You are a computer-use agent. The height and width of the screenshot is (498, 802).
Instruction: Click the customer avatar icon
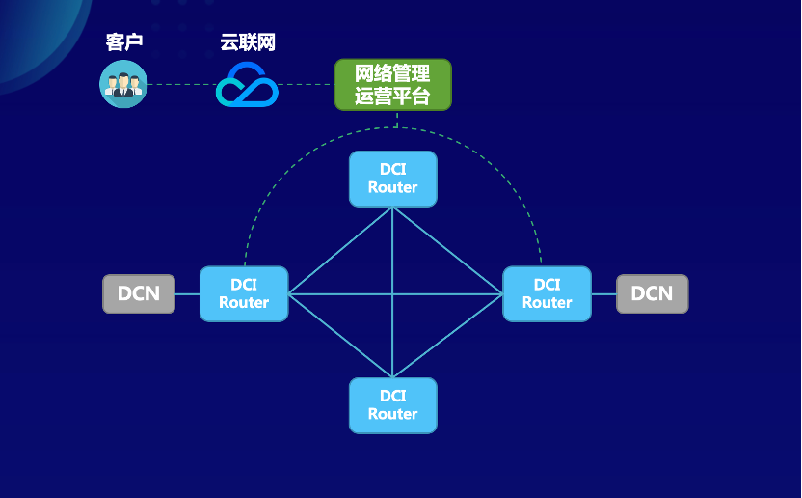pos(123,84)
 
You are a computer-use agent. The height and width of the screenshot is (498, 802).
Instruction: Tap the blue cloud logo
pos(247,85)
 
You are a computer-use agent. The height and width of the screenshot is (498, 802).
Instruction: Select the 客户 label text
pos(123,42)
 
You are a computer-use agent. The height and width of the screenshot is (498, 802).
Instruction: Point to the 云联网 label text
pos(247,42)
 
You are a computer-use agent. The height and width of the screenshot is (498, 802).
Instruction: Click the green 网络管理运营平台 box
pos(392,85)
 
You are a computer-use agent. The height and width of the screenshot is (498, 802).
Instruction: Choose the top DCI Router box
pos(392,179)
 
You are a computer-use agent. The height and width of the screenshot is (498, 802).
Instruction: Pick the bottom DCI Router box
pos(392,405)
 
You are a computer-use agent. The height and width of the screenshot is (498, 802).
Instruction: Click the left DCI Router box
pos(244,293)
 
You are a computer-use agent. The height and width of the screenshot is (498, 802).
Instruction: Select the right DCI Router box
pos(547,293)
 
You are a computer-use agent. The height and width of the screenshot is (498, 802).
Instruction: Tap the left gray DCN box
pos(139,293)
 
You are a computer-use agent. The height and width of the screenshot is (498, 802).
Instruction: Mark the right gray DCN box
pos(652,293)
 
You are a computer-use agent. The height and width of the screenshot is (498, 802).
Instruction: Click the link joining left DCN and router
pos(187,293)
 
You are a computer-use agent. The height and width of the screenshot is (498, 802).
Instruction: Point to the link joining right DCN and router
pos(603,293)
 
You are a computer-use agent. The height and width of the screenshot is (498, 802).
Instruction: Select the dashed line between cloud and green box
pos(307,84)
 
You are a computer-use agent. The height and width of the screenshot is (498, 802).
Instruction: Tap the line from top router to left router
pos(340,251)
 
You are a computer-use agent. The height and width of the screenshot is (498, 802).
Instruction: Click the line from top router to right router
pos(447,251)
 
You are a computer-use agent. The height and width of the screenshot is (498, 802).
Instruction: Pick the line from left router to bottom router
pos(340,335)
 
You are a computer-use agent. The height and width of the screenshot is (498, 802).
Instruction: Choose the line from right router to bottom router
pos(447,335)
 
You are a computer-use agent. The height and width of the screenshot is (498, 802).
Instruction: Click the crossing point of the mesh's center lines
pos(392,293)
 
